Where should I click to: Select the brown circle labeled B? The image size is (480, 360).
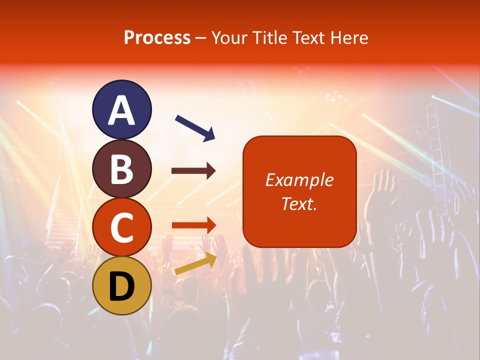tap(122, 168)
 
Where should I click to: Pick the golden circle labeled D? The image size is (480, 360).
tap(122, 285)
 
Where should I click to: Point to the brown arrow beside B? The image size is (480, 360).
tap(193, 171)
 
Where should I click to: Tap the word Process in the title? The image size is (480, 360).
tap(157, 37)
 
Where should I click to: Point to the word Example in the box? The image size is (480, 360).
tap(299, 180)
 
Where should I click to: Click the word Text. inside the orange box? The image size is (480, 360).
tap(299, 204)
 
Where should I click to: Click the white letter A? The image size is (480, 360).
tap(122, 110)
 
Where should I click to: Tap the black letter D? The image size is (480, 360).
tap(122, 286)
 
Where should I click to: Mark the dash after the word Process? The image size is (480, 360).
tap(201, 38)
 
